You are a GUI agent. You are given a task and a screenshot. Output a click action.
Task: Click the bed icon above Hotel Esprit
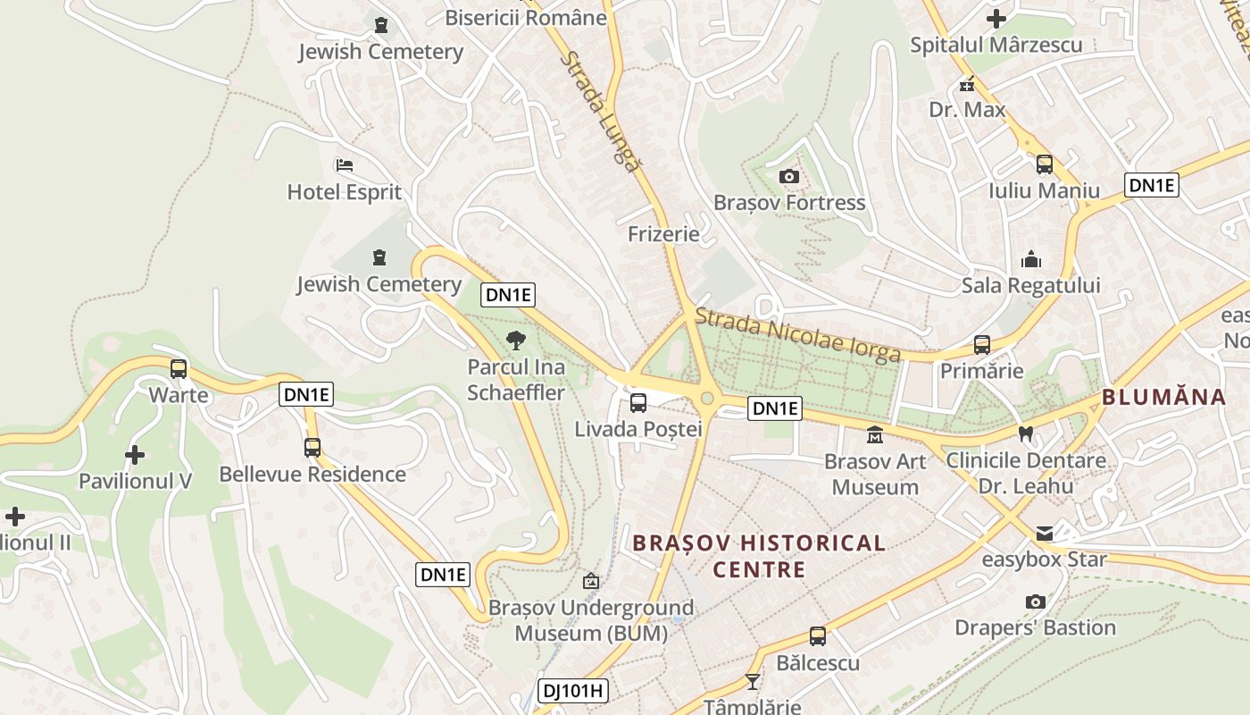coord(345,165)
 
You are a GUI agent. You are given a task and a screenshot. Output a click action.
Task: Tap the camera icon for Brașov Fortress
coord(788,177)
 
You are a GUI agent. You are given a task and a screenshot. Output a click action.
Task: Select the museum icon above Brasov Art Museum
coord(874,435)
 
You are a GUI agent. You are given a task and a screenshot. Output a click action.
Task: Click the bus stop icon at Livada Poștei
coord(637,403)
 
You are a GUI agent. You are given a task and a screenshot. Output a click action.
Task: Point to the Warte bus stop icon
coord(179,369)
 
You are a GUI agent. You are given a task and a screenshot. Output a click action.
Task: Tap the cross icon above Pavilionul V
coord(135,455)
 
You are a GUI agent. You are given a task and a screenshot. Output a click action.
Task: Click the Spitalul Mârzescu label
coord(996,45)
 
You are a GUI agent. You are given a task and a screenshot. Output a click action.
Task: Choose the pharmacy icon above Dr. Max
coord(966,85)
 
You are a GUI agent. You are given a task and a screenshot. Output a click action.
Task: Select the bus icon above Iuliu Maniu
coord(1044,164)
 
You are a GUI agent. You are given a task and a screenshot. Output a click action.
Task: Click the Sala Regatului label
coord(1030,286)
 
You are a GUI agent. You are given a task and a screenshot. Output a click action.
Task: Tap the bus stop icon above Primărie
coord(982,345)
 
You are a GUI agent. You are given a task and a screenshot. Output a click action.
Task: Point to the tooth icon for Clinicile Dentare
coord(1025,434)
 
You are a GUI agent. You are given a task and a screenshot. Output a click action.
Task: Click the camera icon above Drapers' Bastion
coord(1035,601)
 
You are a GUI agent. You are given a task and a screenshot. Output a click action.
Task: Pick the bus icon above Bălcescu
coord(817,636)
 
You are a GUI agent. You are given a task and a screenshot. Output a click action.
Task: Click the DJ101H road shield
coord(573,690)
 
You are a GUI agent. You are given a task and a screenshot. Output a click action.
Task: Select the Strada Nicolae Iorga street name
coord(797,335)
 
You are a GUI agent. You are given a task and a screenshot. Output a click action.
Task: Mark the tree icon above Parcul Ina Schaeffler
coord(515,341)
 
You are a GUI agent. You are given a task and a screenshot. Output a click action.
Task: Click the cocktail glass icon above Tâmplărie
coord(753,682)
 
